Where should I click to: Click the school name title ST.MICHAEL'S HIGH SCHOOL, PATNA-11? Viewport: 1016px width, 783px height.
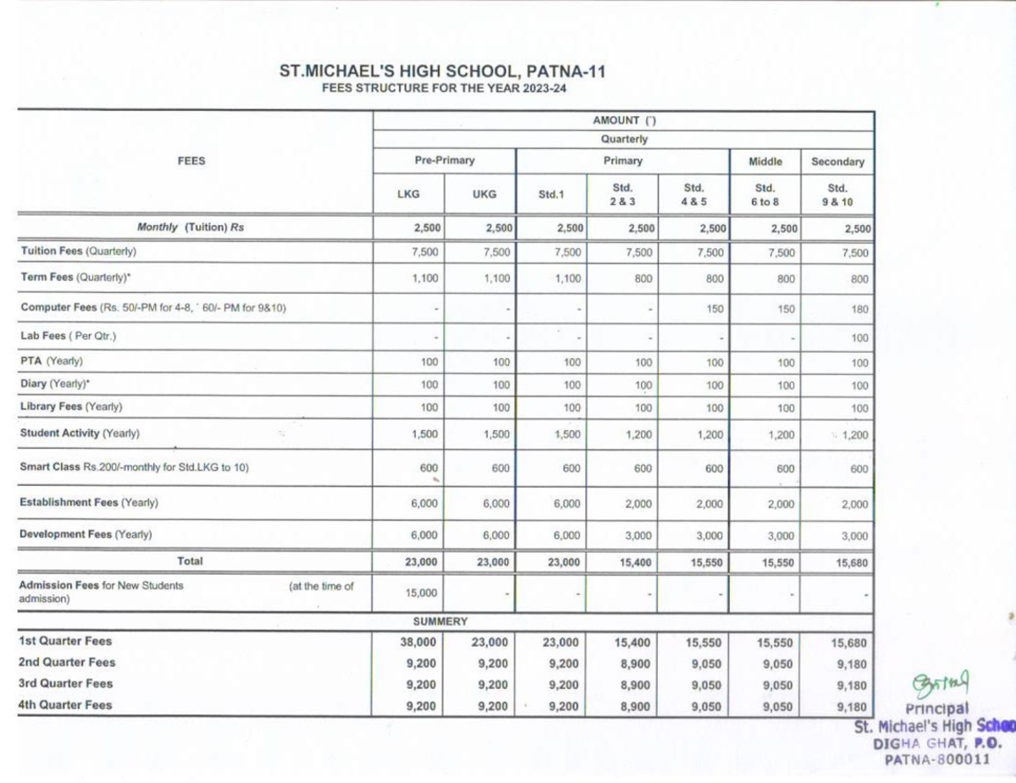(x=443, y=73)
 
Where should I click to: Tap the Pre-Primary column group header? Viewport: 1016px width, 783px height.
(x=444, y=160)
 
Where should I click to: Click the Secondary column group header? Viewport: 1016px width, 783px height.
(x=837, y=161)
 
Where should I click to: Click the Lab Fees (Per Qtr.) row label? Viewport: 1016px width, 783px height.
(x=68, y=336)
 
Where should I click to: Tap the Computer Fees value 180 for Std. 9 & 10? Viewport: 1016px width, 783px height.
(x=859, y=309)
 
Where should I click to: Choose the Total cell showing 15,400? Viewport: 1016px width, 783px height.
(x=635, y=562)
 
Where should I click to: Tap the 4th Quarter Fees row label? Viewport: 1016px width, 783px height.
(x=65, y=704)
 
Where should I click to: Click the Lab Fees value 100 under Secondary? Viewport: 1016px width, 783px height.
(x=859, y=338)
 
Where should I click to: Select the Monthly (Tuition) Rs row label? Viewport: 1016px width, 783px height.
(x=190, y=227)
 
